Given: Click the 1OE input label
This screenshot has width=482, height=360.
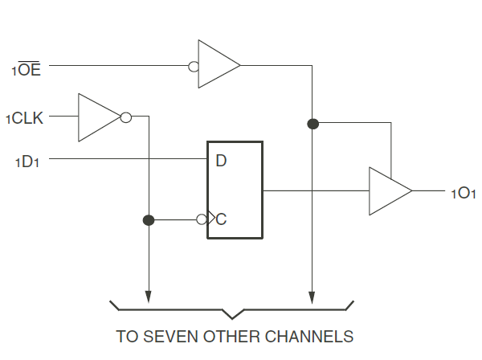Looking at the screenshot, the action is tap(27, 69).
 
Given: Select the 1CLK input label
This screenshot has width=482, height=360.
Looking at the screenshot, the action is tap(25, 118).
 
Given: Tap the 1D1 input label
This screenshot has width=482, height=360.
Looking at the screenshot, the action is tap(27, 162).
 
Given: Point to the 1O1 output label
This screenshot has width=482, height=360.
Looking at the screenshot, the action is tap(464, 194).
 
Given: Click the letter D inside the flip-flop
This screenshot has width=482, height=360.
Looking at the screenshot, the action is tap(221, 161).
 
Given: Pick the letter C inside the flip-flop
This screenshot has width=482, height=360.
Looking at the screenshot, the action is tap(221, 219).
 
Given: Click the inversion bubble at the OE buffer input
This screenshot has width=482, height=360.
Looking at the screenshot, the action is tap(194, 67).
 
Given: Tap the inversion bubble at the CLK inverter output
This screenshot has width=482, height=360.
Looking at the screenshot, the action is tap(126, 117).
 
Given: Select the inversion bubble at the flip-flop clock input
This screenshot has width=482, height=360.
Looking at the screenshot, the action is tap(202, 219).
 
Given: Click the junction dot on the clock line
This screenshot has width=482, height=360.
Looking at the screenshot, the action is tap(149, 220).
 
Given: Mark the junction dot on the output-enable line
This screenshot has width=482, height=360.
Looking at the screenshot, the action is tap(313, 124).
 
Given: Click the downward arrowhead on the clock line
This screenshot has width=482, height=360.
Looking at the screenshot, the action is tap(149, 297).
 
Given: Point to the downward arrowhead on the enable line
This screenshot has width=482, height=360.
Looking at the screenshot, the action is tap(312, 297).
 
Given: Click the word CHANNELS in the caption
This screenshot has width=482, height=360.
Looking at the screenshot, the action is tap(309, 337).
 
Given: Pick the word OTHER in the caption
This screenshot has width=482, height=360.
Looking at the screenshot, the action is tap(231, 337).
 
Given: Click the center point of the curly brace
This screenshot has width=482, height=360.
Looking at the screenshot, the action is tap(232, 318).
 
